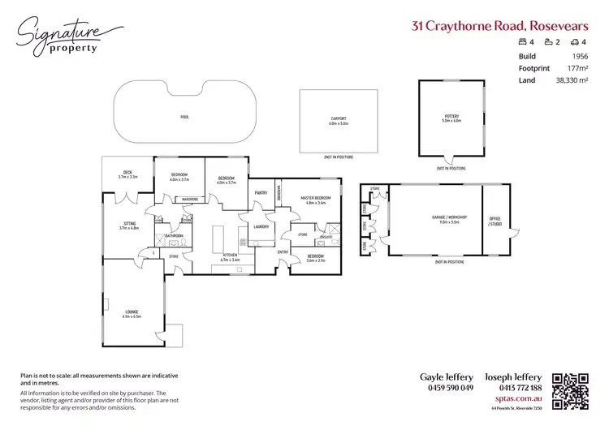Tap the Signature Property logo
tap(60, 35)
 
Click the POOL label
tap(185, 118)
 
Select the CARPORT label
tap(339, 121)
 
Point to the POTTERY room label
tap(451, 117)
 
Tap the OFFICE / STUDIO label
tap(495, 221)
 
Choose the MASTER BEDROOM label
tap(315, 199)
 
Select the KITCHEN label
tap(231, 256)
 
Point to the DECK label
tap(127, 173)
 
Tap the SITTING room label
tap(129, 224)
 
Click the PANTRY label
tap(261, 192)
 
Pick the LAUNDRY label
tap(261, 227)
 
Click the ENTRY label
tap(283, 252)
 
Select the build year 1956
tap(580, 56)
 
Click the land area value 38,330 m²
tap(572, 80)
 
